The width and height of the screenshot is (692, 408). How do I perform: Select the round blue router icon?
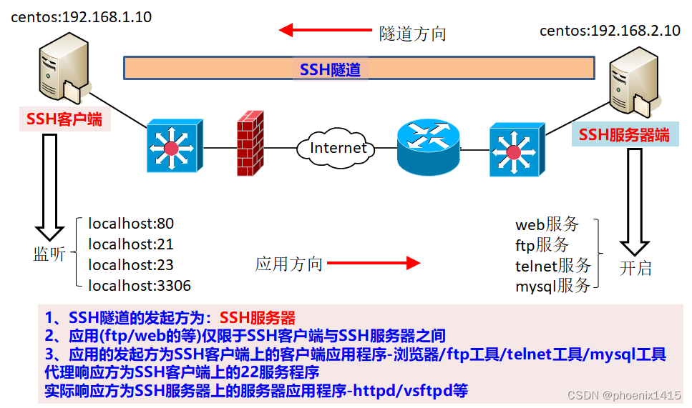point(428,146)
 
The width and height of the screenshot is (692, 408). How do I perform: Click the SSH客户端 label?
point(64,119)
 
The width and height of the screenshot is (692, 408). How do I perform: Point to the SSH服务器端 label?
point(624,134)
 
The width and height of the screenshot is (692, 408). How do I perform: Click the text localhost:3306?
point(139,286)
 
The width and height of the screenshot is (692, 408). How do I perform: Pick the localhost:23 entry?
point(130,264)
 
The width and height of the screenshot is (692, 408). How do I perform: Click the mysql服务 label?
point(552,287)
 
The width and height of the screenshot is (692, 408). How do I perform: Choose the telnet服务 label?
point(552,266)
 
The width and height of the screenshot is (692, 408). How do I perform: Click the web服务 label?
point(547,224)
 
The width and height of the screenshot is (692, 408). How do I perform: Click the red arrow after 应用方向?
point(373,263)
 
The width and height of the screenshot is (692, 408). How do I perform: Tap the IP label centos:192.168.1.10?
point(81,17)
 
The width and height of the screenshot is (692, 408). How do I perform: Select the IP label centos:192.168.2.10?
point(610,30)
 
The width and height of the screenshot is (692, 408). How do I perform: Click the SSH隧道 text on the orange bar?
point(330,69)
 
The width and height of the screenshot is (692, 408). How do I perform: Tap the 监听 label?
point(49,254)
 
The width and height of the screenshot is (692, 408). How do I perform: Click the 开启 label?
point(635,269)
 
